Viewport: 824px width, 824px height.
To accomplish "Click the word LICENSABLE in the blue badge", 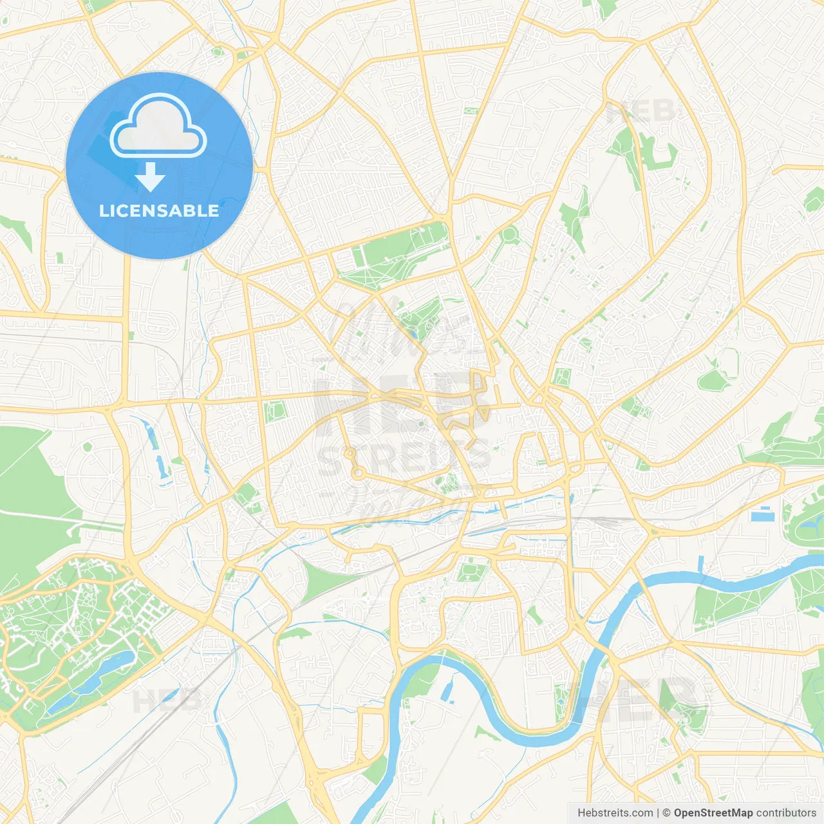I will [159, 211].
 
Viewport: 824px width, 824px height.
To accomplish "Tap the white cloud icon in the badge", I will [158, 126].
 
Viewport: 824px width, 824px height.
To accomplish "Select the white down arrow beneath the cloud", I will [150, 177].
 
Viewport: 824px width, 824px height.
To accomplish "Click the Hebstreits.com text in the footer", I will [615, 813].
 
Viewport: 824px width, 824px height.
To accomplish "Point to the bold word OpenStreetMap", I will [713, 813].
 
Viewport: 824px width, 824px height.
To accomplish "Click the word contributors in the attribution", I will [786, 813].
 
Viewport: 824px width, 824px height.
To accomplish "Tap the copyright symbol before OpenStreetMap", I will [667, 813].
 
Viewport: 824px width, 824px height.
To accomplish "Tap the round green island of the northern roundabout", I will [509, 234].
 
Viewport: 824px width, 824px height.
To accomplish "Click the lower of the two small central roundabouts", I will [357, 475].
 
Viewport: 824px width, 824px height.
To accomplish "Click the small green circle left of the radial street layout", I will [88, 446].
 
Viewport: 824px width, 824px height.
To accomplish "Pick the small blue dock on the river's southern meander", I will [446, 691].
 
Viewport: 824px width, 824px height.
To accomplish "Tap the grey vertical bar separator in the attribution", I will [657, 813].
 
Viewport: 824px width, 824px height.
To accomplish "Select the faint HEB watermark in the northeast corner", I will [641, 111].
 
